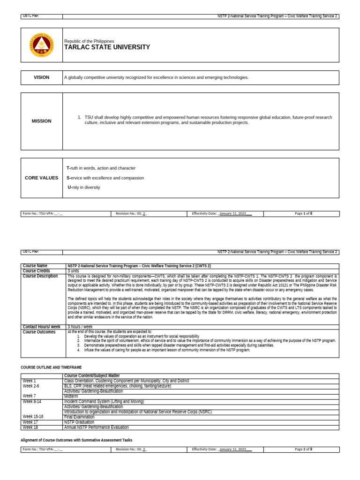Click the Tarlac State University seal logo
tap(41, 45)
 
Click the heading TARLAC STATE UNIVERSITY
tap(107, 47)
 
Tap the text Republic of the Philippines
tap(89, 41)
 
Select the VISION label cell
tap(41, 77)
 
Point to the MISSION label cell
tap(41, 121)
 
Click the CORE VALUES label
tap(41, 178)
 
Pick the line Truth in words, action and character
tap(101, 168)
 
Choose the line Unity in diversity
tap(84, 187)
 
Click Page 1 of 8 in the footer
tap(303, 213)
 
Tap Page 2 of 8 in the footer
tap(303, 450)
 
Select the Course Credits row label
tap(36, 271)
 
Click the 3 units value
tap(73, 271)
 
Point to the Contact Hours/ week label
tap(41, 327)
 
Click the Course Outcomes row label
tap(39, 332)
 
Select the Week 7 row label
tap(29, 396)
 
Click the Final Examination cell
tap(79, 417)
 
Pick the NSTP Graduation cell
tap(79, 422)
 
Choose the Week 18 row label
tap(30, 427)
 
